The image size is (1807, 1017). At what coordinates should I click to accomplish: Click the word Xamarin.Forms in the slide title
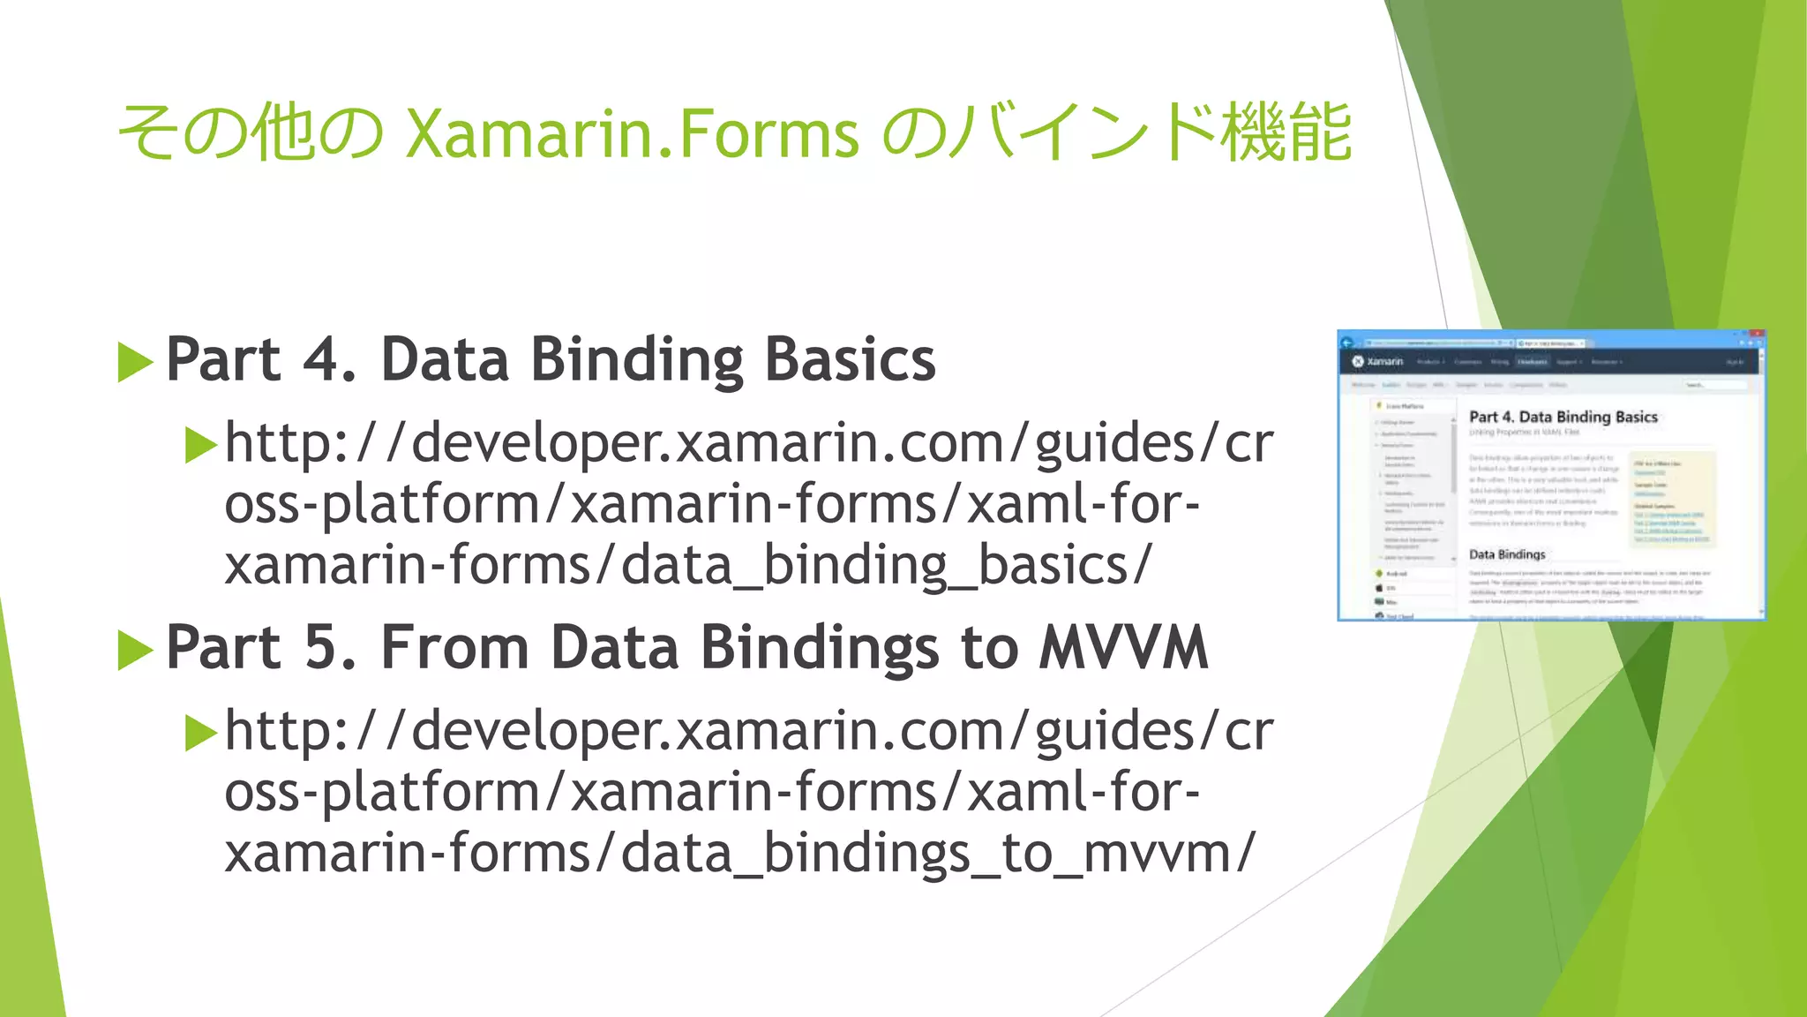click(632, 134)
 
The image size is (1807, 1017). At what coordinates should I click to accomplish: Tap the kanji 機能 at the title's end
click(1286, 132)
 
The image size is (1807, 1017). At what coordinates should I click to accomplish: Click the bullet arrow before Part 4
click(135, 363)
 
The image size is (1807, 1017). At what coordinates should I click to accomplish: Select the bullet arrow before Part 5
click(135, 651)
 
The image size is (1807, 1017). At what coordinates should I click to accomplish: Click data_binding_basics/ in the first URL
click(887, 565)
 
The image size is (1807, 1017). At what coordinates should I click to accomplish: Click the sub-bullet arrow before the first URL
click(200, 445)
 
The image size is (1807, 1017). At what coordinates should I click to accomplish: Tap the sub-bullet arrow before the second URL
click(200, 733)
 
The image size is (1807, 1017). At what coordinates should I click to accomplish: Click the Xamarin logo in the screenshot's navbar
click(1378, 361)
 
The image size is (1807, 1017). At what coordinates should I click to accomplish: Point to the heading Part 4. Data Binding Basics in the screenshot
click(1563, 417)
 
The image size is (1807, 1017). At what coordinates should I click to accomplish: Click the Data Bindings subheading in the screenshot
click(1507, 554)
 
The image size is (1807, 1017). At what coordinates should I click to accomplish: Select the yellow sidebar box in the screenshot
click(1671, 499)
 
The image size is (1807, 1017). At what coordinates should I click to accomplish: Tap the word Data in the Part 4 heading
click(445, 360)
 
